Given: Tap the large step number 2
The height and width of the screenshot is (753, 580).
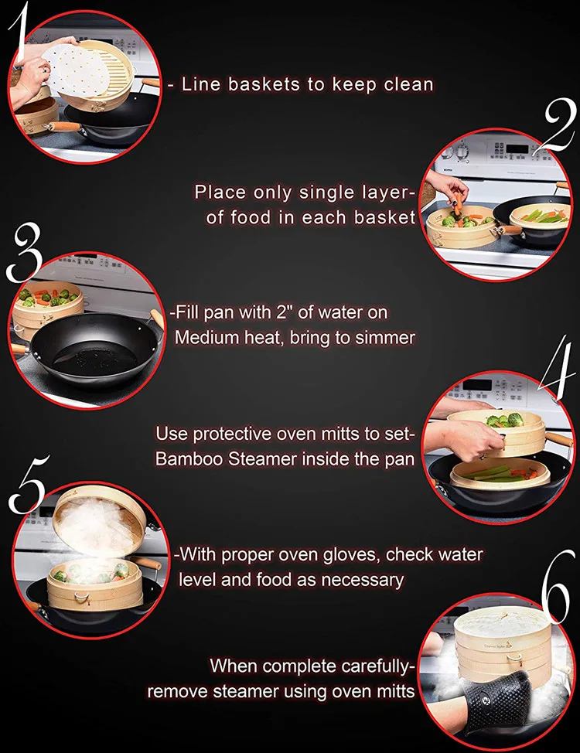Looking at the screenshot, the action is point(559,125).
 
